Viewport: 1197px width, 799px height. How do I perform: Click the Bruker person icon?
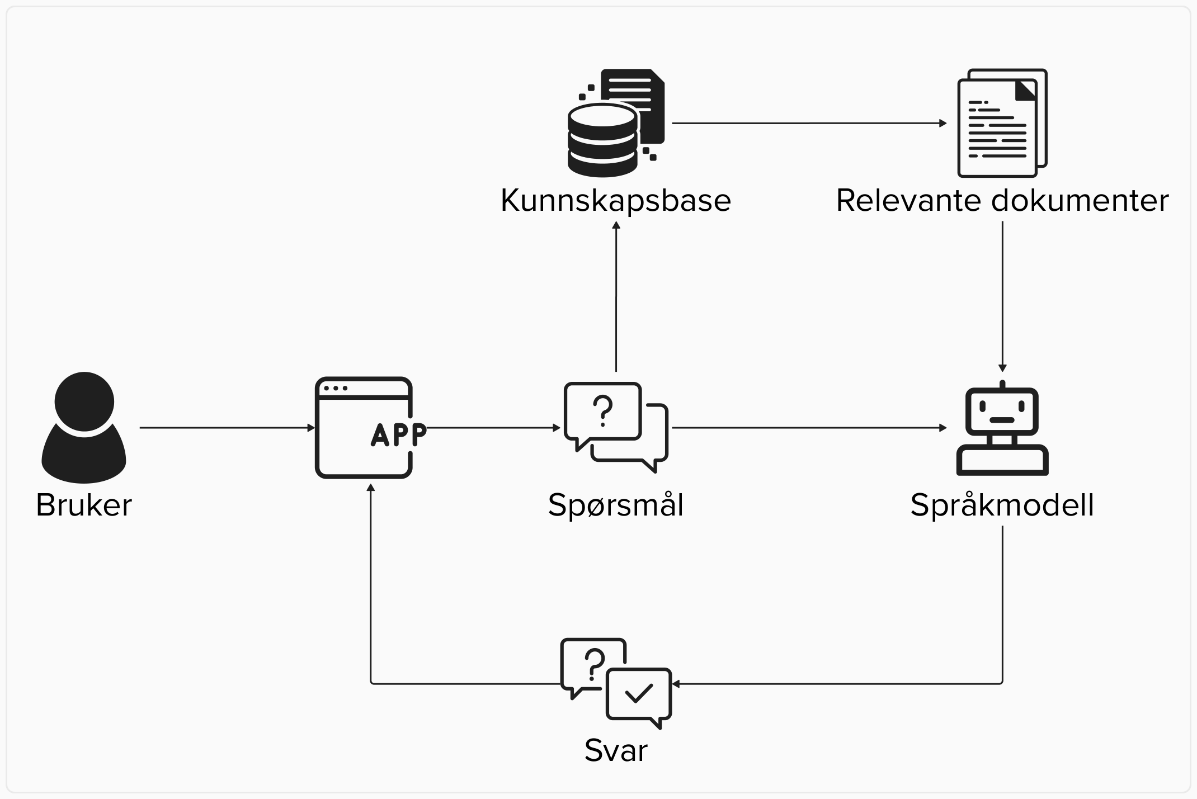tap(84, 428)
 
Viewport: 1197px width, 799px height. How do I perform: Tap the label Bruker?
tap(84, 505)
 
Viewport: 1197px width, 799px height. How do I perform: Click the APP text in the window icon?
tap(398, 434)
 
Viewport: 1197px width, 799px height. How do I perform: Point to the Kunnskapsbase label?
tap(615, 200)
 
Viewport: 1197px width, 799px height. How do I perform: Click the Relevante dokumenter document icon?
tap(1002, 123)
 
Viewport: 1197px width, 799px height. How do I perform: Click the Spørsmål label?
tap(615, 505)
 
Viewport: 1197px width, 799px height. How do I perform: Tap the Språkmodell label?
tap(1002, 505)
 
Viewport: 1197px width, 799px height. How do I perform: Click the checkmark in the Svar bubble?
tap(639, 693)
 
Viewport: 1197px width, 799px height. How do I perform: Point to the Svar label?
tap(615, 750)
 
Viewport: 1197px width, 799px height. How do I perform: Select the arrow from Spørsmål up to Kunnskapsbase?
tap(616, 296)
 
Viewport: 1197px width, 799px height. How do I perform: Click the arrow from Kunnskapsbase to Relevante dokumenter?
tap(808, 123)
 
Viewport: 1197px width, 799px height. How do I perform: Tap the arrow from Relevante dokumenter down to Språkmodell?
tap(1002, 296)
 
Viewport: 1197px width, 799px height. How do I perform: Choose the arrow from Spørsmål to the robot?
tap(808, 428)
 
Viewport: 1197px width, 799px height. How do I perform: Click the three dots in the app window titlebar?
tap(336, 388)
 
